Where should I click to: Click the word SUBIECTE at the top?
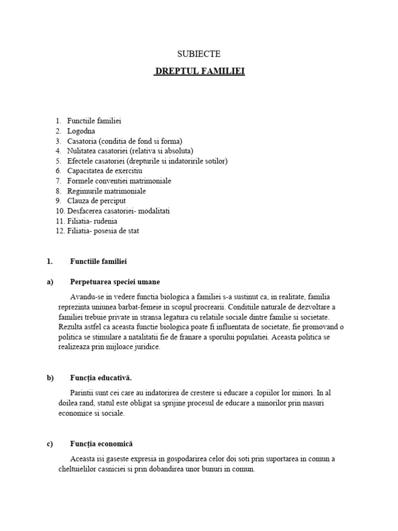[x=199, y=53]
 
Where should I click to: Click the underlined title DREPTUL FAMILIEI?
[x=200, y=71]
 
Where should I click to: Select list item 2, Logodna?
[x=81, y=131]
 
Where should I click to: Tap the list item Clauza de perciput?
[x=96, y=201]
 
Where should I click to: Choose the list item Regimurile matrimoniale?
[x=106, y=191]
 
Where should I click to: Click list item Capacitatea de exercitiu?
[x=104, y=171]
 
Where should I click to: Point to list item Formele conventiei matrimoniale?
[x=119, y=181]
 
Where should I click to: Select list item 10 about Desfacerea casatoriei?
[x=118, y=211]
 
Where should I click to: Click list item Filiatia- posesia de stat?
[x=103, y=231]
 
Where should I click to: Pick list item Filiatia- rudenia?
[x=92, y=221]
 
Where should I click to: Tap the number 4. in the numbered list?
[x=59, y=151]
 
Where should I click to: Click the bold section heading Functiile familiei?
[x=98, y=261]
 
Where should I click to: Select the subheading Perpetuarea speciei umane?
[x=115, y=282]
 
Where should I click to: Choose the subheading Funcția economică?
[x=102, y=444]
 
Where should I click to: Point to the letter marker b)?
[x=50, y=378]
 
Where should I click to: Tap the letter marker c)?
[x=50, y=444]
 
